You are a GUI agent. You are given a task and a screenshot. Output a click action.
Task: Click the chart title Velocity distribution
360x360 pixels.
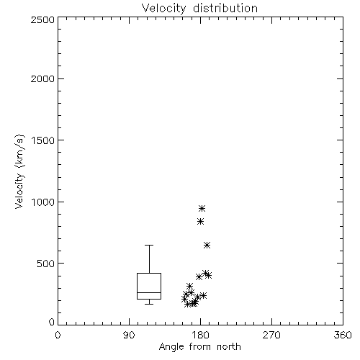point(199,9)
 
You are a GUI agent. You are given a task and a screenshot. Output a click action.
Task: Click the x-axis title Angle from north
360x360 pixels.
point(199,347)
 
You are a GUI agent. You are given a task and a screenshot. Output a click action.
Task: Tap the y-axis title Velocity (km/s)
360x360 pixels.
point(19,171)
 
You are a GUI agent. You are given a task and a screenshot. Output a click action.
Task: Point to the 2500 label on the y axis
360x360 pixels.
point(42,19)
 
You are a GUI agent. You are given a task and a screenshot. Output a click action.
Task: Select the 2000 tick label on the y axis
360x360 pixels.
point(42,78)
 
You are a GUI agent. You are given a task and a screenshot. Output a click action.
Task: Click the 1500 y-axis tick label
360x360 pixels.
point(43,140)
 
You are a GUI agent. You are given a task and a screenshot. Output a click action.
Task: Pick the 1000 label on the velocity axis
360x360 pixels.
point(43,202)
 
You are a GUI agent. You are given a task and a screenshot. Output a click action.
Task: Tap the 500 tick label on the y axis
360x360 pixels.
point(46,264)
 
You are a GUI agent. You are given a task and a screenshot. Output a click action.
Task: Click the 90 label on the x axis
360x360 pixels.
point(129,335)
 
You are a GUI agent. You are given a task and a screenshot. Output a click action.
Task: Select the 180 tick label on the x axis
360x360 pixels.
point(200,335)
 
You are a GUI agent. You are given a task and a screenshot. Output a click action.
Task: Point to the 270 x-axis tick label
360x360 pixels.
point(271,335)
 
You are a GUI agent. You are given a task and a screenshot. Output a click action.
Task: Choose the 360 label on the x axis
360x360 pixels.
point(343,335)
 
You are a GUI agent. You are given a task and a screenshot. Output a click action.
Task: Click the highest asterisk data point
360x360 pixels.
point(202,208)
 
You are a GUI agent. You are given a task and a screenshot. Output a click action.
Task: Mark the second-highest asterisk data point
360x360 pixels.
point(201,221)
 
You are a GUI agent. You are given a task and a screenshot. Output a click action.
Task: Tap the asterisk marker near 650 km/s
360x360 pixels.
point(207,246)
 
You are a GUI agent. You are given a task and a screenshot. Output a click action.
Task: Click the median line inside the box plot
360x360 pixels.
point(149,292)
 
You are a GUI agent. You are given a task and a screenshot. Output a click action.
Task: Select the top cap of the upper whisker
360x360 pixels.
point(149,245)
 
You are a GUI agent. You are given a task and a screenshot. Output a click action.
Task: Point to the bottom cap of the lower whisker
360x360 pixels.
point(149,304)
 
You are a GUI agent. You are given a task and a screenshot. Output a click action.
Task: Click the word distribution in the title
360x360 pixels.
point(225,9)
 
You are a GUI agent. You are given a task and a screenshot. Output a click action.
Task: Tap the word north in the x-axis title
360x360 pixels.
point(229,347)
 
